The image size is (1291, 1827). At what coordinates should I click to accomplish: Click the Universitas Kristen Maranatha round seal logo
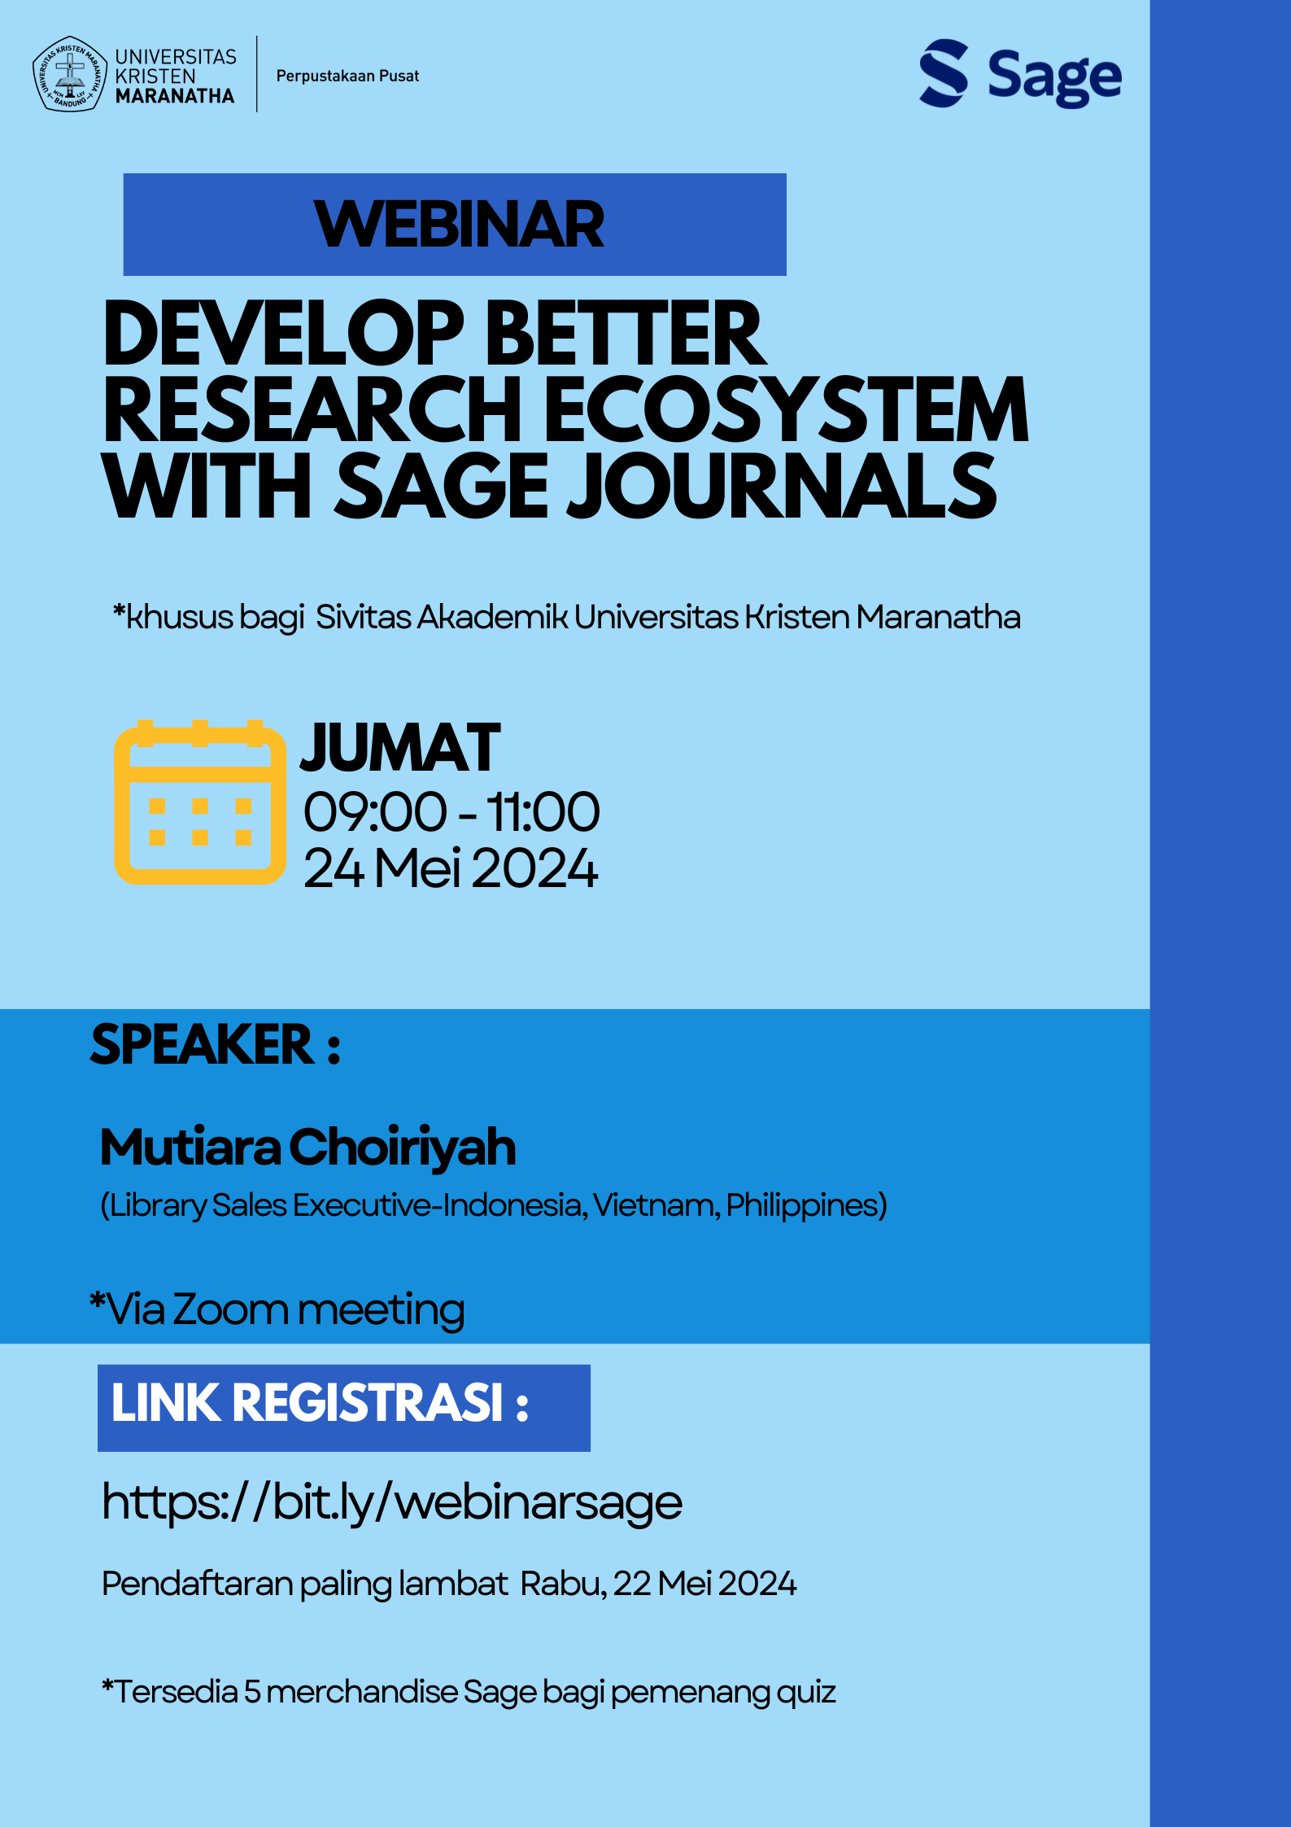(70, 74)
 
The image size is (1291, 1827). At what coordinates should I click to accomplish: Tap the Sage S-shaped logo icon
(944, 73)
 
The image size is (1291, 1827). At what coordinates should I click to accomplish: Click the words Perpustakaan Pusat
(347, 76)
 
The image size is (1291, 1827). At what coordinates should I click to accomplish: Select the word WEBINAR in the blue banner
(459, 225)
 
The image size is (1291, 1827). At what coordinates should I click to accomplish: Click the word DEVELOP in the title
(283, 334)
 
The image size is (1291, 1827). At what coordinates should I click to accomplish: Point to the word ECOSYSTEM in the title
(785, 410)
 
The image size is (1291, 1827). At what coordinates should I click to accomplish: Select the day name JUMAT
(400, 748)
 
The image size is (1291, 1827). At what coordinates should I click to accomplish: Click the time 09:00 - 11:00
(451, 812)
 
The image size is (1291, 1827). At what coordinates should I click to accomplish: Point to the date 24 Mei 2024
(451, 868)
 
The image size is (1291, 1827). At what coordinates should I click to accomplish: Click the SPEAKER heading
(216, 1045)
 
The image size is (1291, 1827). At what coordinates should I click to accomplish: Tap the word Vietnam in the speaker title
(656, 1205)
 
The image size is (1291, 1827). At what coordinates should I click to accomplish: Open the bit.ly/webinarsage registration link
(392, 1502)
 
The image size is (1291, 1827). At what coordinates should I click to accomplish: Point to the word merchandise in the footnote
(362, 1692)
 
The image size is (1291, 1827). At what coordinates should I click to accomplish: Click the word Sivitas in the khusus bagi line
(364, 617)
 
